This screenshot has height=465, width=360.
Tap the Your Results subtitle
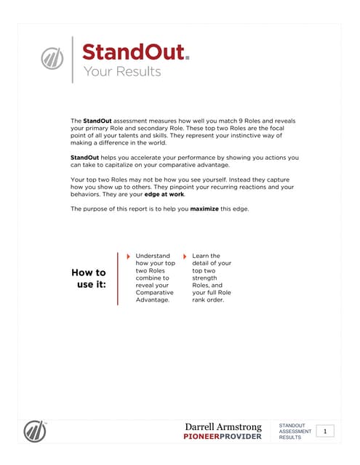tap(121, 71)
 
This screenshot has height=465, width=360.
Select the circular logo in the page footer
tap(34, 430)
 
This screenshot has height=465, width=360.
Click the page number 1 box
tap(325, 432)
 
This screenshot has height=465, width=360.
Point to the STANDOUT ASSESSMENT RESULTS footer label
tap(295, 432)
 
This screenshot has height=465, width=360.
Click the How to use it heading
tap(89, 278)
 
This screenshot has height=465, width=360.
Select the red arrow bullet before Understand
tap(129, 256)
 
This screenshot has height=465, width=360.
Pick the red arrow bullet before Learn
tap(185, 256)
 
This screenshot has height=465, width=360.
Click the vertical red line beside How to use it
tap(117, 278)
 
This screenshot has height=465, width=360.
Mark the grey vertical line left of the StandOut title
tap(72, 59)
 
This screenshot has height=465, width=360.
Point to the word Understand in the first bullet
tap(153, 256)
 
